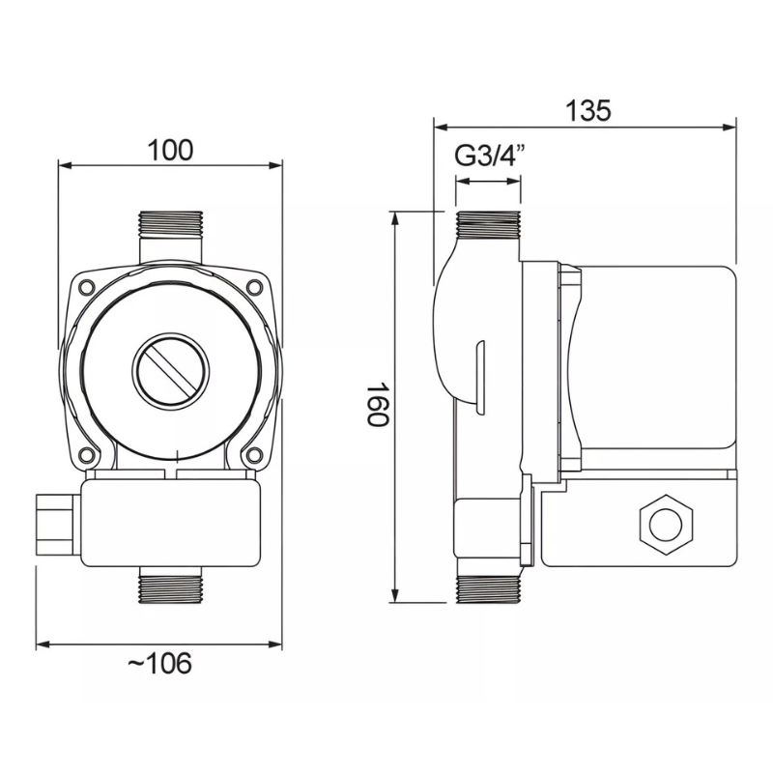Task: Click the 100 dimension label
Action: pyautogui.click(x=171, y=151)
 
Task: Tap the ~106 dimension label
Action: pyautogui.click(x=159, y=663)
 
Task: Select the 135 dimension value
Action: pyautogui.click(x=587, y=110)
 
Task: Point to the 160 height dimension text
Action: pyautogui.click(x=379, y=403)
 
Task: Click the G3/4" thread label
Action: pyautogui.click(x=488, y=157)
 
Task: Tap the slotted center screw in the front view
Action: pyautogui.click(x=170, y=371)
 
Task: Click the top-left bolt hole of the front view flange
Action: pyautogui.click(x=87, y=286)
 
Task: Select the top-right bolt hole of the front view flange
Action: pyautogui.click(x=253, y=286)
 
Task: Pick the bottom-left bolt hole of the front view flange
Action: pyautogui.click(x=87, y=454)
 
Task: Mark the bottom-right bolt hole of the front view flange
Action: pyautogui.click(x=253, y=454)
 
